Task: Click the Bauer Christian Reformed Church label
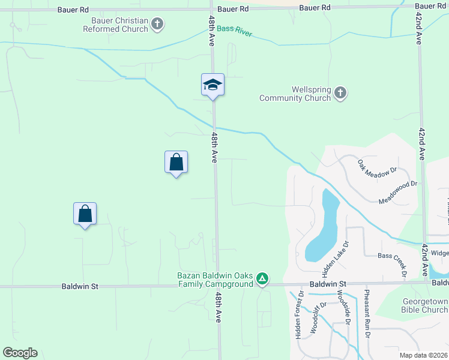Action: click(119, 25)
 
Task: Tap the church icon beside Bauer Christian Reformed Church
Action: click(157, 25)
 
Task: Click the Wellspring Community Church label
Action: click(295, 94)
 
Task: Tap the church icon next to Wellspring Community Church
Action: click(340, 93)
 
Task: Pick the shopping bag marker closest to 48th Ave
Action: click(176, 162)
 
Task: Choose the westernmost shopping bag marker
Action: click(85, 214)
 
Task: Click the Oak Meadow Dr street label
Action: click(378, 167)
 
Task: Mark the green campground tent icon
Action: click(262, 278)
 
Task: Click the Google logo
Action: click(20, 353)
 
